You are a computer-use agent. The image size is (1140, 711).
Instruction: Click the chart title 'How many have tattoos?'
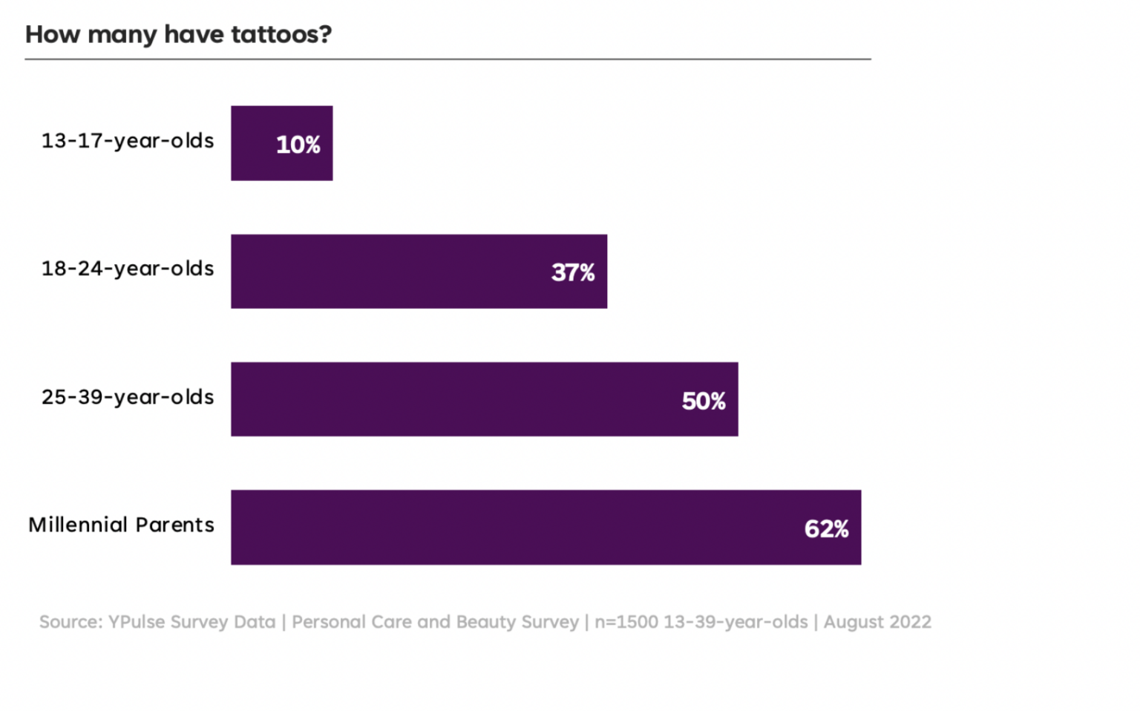(x=178, y=34)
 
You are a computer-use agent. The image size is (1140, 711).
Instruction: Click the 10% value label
(x=298, y=145)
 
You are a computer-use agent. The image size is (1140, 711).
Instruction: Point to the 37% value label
(x=573, y=272)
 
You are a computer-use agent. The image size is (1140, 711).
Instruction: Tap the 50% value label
(x=704, y=401)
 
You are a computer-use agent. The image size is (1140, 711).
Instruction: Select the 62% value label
(x=826, y=528)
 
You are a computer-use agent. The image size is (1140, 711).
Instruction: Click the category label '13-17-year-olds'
(x=128, y=141)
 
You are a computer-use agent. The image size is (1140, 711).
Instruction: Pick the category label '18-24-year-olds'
(x=128, y=269)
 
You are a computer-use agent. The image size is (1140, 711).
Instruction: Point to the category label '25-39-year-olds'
(x=128, y=397)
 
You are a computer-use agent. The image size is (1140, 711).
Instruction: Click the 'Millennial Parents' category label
(x=122, y=525)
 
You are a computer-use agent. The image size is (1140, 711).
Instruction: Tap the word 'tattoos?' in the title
(x=281, y=34)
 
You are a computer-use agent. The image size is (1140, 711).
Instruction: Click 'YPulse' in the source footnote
(x=137, y=622)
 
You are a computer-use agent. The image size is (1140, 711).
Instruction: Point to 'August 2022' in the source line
(x=877, y=622)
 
